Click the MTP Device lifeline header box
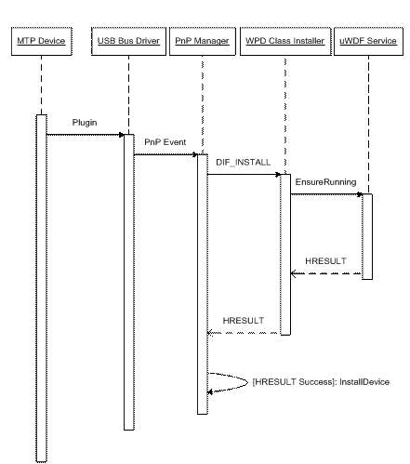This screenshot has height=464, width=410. pyautogui.click(x=42, y=41)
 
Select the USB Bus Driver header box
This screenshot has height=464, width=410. pyautogui.click(x=128, y=41)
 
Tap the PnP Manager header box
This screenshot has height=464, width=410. pyautogui.click(x=203, y=41)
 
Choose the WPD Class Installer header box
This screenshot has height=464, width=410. pyautogui.click(x=285, y=41)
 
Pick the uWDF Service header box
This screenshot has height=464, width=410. pyautogui.click(x=368, y=41)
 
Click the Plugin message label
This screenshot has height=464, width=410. pyautogui.click(x=85, y=123)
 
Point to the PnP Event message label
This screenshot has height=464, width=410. pyautogui.click(x=165, y=142)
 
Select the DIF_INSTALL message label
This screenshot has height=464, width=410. pyautogui.click(x=244, y=162)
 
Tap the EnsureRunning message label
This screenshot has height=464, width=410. pyautogui.click(x=325, y=182)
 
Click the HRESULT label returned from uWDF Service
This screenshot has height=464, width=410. pyautogui.click(x=325, y=261)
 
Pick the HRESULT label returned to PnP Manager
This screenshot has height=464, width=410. pyautogui.click(x=244, y=321)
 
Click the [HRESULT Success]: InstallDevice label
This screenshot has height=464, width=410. pyautogui.click(x=321, y=382)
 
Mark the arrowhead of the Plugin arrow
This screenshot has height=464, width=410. pyautogui.click(x=122, y=135)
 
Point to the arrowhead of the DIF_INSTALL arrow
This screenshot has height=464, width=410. pyautogui.click(x=278, y=175)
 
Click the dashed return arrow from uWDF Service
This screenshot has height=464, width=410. pyautogui.click(x=326, y=273)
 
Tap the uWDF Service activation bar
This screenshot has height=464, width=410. pyautogui.click(x=367, y=236)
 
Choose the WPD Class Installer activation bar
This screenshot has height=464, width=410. pyautogui.click(x=285, y=255)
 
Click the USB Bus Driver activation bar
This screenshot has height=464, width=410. pyautogui.click(x=129, y=282)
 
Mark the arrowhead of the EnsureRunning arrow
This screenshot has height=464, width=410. pyautogui.click(x=360, y=194)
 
